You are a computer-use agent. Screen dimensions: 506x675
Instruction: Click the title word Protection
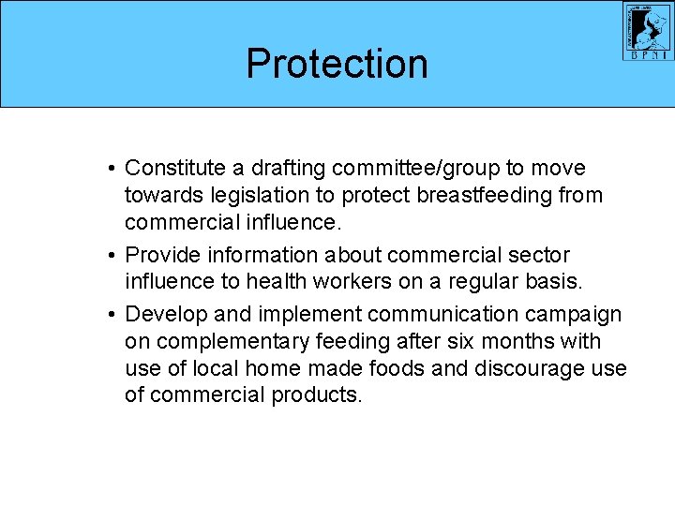[337, 64]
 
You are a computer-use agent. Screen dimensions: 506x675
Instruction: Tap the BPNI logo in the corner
[649, 32]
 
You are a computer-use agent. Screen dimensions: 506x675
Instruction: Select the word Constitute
[175, 168]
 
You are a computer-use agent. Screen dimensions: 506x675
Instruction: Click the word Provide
[160, 255]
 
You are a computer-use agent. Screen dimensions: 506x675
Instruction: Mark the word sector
[541, 255]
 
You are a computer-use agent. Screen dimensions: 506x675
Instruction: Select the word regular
[484, 282]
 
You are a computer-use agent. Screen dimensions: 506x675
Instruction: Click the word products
[316, 395]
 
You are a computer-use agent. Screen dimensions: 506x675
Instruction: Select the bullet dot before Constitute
[111, 169]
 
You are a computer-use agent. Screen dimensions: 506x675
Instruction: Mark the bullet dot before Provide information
[111, 256]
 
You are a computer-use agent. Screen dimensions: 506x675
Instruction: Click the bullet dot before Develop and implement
[111, 315]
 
